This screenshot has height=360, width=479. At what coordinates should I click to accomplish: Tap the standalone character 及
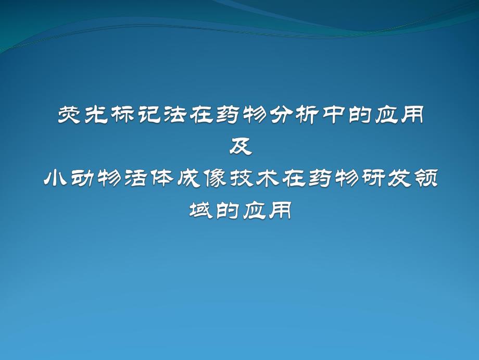tap(240, 146)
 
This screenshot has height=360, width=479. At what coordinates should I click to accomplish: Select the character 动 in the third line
tap(82, 179)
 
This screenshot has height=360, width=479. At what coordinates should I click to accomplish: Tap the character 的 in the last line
tap(227, 211)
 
